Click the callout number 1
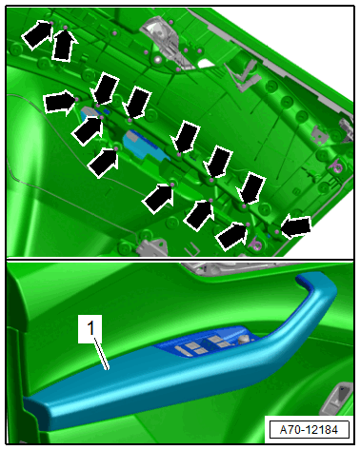[x=90, y=328]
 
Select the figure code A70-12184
[x=309, y=430]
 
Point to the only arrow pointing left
[x=296, y=227]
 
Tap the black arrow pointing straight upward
[x=65, y=44]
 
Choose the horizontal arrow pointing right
[x=60, y=102]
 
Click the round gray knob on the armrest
[x=243, y=340]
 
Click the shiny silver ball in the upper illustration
[x=157, y=60]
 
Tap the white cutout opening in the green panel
[x=206, y=64]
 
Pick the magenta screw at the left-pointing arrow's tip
[x=277, y=232]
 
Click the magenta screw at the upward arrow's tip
[x=66, y=28]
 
